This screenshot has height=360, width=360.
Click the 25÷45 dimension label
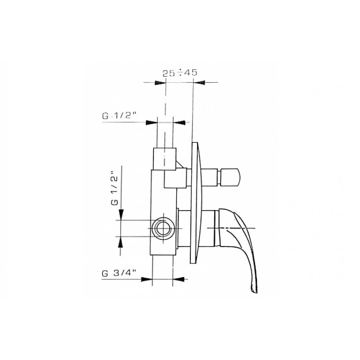pyautogui.click(x=180, y=73)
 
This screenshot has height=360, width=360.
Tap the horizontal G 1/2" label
pyautogui.click(x=119, y=116)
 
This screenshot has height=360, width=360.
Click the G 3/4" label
pyautogui.click(x=119, y=274)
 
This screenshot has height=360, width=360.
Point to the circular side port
pyautogui.click(x=163, y=229)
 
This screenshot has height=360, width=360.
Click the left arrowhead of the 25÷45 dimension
pyautogui.click(x=161, y=83)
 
